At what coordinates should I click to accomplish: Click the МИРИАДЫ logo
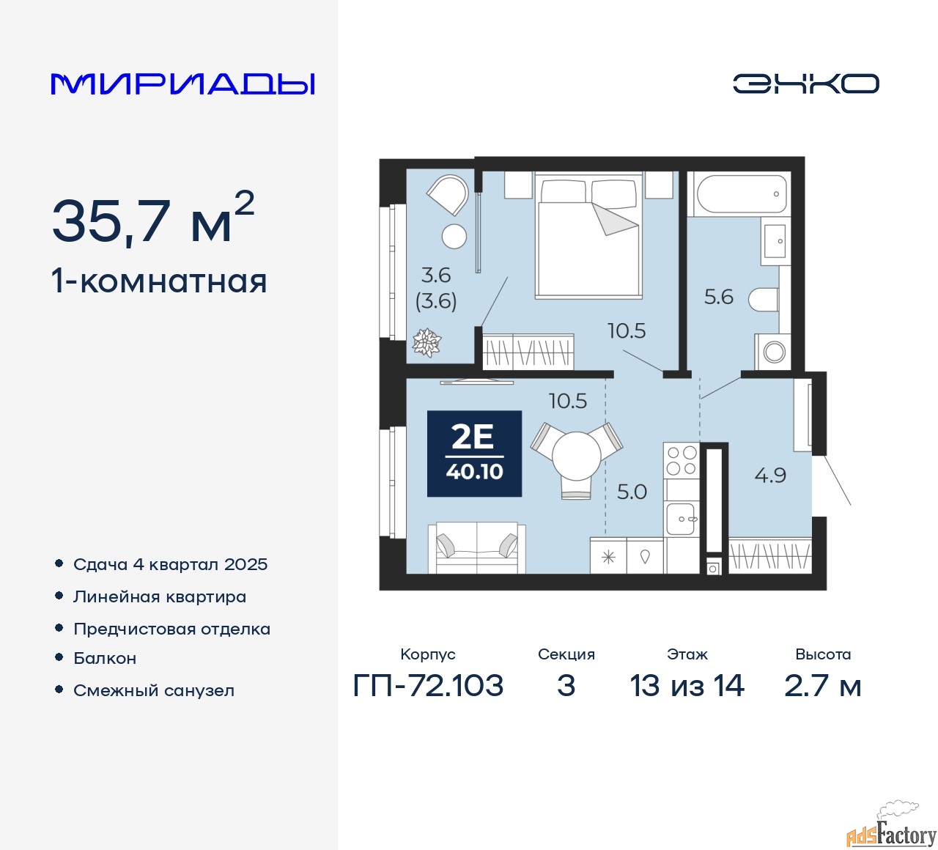click(182, 84)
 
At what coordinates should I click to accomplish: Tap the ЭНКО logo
click(805, 84)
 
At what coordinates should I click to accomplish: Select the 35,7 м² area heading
click(153, 218)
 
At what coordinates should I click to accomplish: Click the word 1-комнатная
click(160, 282)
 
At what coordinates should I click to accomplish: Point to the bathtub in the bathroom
click(742, 193)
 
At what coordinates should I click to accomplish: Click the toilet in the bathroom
click(763, 299)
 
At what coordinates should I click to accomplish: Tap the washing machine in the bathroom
click(772, 352)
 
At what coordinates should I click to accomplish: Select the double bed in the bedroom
click(588, 234)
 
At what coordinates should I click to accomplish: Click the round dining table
click(576, 454)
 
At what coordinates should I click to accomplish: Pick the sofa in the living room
click(476, 547)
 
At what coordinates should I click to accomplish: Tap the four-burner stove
click(682, 461)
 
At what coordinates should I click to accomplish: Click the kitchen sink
click(681, 519)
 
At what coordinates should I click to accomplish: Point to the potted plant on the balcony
click(426, 342)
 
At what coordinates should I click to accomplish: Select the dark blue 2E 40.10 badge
click(474, 453)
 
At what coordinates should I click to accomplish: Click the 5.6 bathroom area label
click(718, 297)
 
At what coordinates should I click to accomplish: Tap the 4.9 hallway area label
click(770, 476)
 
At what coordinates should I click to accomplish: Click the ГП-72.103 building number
click(428, 686)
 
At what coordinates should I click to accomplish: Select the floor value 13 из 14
click(687, 686)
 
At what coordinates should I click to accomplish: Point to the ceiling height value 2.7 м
click(822, 686)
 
